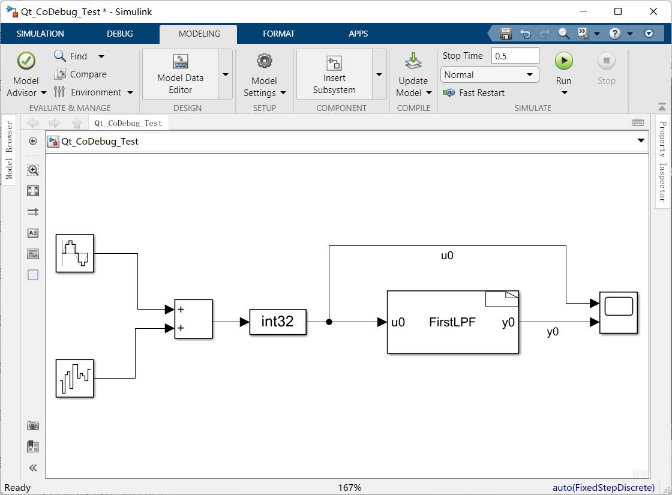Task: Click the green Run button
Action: [563, 61]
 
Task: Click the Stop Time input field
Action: [515, 56]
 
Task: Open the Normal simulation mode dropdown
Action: [490, 75]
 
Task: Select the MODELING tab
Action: [199, 34]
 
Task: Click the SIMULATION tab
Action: [40, 34]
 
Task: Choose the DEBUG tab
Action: [120, 34]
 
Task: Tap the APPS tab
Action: [358, 34]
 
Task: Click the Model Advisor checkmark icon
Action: [26, 61]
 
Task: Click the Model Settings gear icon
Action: [264, 61]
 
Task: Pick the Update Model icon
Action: [413, 61]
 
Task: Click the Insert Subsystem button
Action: [334, 74]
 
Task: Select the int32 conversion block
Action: [278, 322]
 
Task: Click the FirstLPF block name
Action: [452, 322]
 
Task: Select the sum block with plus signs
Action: [193, 319]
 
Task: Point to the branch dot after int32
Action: [329, 322]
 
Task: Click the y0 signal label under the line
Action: [553, 332]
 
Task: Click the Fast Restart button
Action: [474, 93]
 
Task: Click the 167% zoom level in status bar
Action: [350, 488]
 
